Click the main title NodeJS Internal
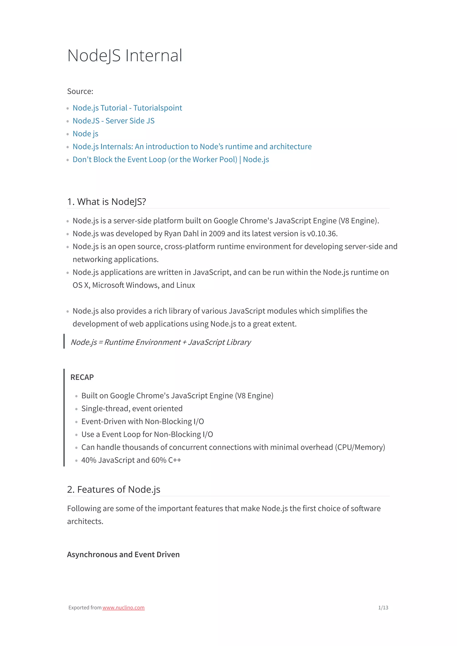click(125, 56)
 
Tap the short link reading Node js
click(85, 134)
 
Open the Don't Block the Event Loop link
click(171, 160)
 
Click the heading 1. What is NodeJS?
click(106, 202)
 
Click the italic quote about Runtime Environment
click(160, 342)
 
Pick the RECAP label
click(82, 377)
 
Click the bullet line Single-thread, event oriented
click(132, 409)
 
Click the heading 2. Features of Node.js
click(114, 490)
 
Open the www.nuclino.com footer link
click(123, 607)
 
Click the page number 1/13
click(383, 607)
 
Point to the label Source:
click(80, 91)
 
